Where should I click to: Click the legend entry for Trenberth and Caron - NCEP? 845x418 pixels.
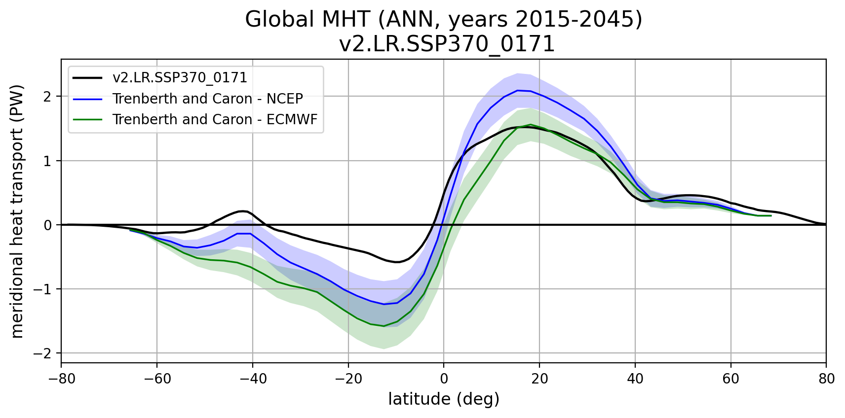tap(207, 99)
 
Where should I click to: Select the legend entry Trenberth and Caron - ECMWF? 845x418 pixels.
tap(215, 120)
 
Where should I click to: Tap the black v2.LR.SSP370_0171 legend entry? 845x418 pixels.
tap(180, 78)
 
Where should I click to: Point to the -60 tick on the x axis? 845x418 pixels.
tap(156, 379)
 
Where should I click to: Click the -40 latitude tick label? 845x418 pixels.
tap(252, 379)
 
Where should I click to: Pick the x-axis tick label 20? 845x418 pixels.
tap(539, 379)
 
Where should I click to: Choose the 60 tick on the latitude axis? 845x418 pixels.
tap(730, 379)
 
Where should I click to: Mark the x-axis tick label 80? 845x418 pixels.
tap(826, 379)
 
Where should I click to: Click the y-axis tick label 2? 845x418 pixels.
tap(47, 97)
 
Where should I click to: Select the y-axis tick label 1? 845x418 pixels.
tap(47, 161)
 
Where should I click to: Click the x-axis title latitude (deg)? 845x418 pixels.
tap(444, 399)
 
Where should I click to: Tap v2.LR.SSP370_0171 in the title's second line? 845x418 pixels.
tap(447, 44)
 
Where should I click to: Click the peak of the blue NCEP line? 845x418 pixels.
tap(517, 90)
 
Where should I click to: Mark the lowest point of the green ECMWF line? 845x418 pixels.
tap(384, 326)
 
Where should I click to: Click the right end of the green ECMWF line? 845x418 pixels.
tap(771, 215)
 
